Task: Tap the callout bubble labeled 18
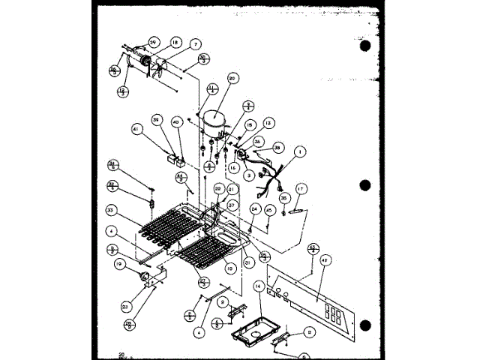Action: tap(175, 43)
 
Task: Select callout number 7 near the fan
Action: tap(195, 45)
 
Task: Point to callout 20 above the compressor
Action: tap(232, 78)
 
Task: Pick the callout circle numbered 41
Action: tap(137, 129)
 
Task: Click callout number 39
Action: tap(157, 120)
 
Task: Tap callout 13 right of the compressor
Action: tap(268, 123)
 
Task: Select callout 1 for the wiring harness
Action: tap(299, 152)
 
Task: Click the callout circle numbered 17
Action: tap(300, 189)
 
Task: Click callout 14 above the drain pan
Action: tap(259, 286)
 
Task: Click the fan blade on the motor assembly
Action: tap(161, 67)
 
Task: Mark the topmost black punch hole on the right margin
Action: tap(365, 46)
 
